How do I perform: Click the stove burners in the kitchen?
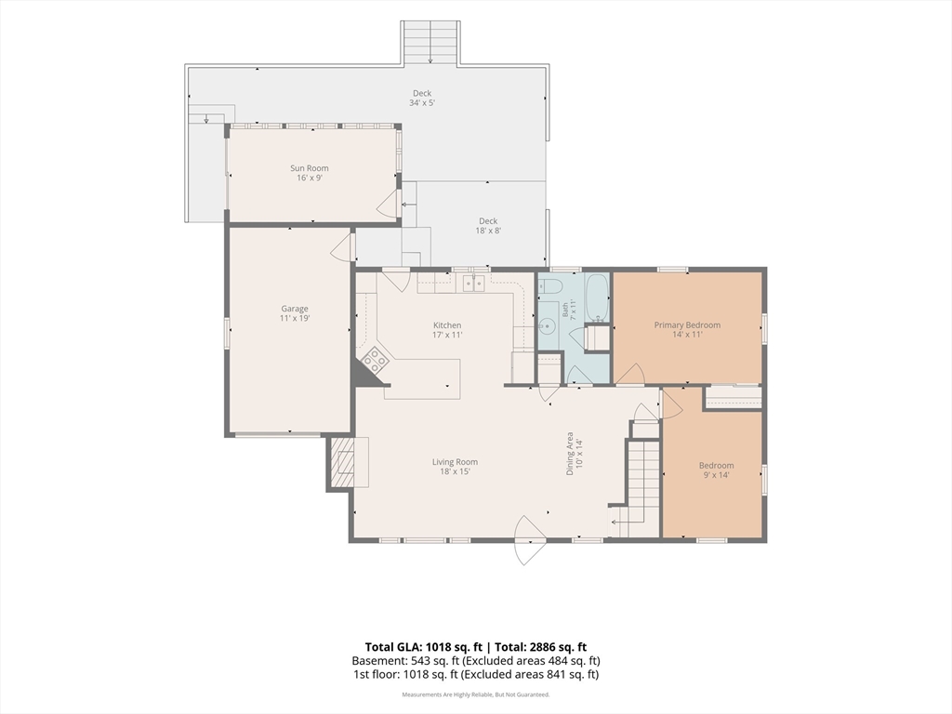pos(375,359)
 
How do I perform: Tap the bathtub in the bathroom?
pos(597,297)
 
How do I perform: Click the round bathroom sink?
pos(547,327)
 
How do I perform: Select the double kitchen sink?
pos(473,283)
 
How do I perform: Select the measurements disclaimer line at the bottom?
pos(475,694)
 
